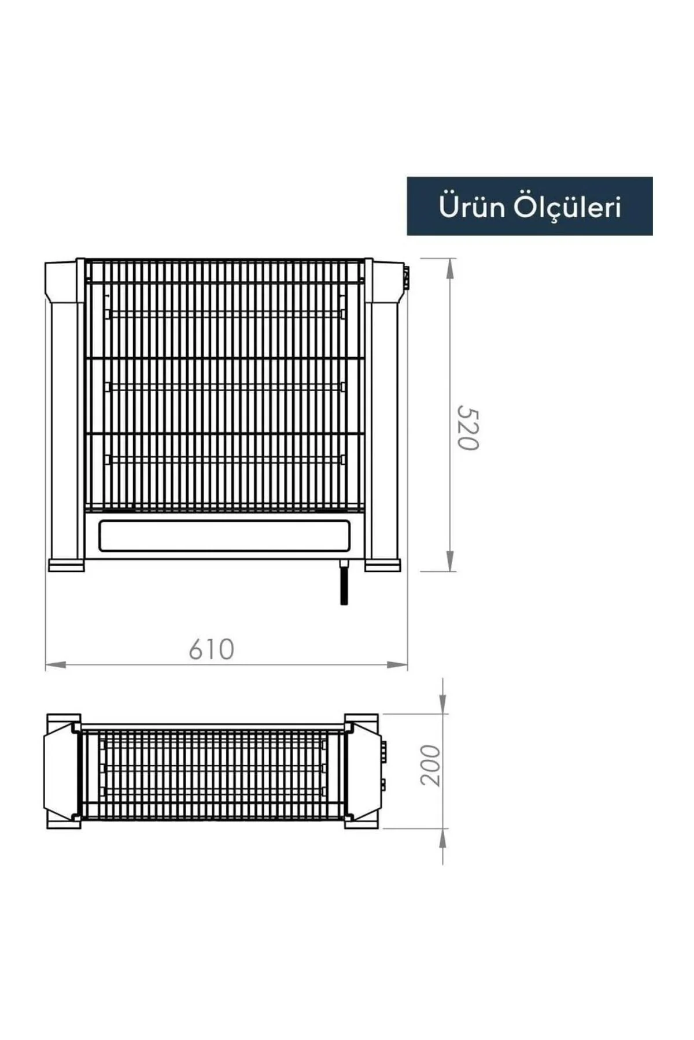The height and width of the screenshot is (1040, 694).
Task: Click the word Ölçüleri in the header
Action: [x=568, y=206]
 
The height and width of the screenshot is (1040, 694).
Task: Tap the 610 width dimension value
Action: [x=212, y=649]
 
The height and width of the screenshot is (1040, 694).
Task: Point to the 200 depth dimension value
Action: [x=430, y=765]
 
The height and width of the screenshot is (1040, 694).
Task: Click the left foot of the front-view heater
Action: [x=66, y=564]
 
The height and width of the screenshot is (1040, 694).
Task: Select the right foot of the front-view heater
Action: [x=383, y=564]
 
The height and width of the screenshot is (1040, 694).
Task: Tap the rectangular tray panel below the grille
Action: [x=225, y=536]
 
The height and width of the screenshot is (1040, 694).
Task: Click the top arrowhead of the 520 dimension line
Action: [x=450, y=269]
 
